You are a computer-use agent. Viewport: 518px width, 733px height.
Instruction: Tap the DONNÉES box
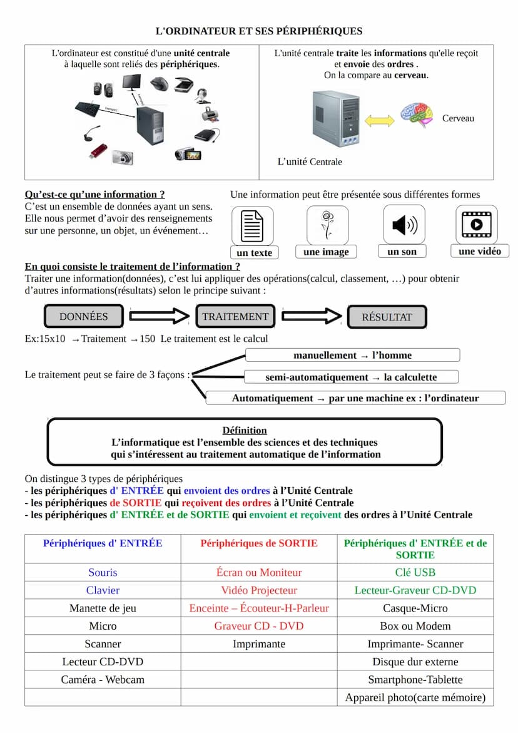point(84,317)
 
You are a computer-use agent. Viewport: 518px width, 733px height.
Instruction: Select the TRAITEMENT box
point(235,317)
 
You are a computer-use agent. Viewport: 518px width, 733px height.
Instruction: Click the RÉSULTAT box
point(387,317)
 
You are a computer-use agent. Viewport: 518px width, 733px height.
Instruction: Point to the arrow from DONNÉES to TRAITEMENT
point(159,317)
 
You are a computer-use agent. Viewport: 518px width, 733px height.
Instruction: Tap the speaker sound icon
point(404,225)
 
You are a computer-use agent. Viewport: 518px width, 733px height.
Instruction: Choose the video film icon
point(477,225)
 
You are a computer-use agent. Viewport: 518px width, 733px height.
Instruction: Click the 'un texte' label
point(255,253)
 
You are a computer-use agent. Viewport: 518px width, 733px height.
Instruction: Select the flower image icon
point(327,225)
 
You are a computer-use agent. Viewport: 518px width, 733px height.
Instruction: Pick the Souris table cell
point(103,572)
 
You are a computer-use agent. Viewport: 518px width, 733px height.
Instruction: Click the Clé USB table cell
point(415,572)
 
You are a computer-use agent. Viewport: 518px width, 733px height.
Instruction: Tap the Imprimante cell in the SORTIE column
point(259,643)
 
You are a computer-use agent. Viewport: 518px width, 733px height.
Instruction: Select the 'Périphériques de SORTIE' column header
point(259,543)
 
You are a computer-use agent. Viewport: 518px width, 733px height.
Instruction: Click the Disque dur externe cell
point(415,662)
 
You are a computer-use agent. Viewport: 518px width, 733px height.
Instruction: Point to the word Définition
point(245,430)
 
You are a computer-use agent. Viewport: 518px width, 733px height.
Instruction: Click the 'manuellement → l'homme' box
point(352,356)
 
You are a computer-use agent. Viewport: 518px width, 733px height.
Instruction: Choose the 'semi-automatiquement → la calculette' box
point(351,377)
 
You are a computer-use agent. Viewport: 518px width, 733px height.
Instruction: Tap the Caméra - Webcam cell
point(103,680)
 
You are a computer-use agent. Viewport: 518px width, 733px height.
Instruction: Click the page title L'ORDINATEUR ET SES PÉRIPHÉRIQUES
point(258,31)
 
